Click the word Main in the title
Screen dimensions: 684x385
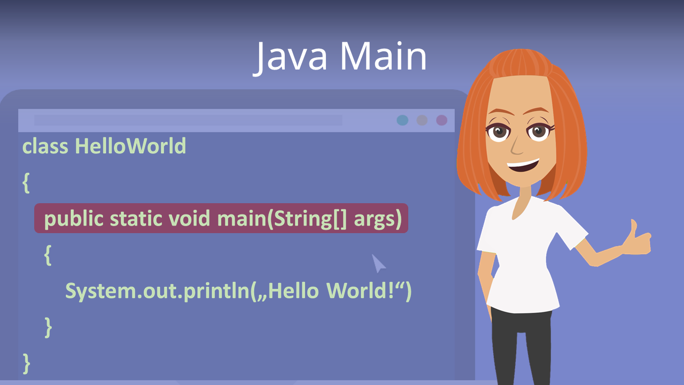[383, 57]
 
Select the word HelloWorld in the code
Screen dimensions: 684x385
[130, 146]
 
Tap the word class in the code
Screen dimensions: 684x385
[45, 146]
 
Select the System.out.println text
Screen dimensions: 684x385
[158, 291]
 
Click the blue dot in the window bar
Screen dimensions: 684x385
[402, 120]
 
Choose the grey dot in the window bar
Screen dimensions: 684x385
[422, 120]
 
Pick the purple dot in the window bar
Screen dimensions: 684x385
[441, 120]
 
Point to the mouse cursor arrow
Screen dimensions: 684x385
[378, 263]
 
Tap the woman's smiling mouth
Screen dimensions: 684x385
[523, 166]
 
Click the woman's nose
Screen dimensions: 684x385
[517, 146]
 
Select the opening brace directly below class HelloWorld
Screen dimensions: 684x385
[26, 183]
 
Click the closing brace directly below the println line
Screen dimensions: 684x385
[48, 327]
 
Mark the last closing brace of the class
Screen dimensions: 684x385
[26, 364]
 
